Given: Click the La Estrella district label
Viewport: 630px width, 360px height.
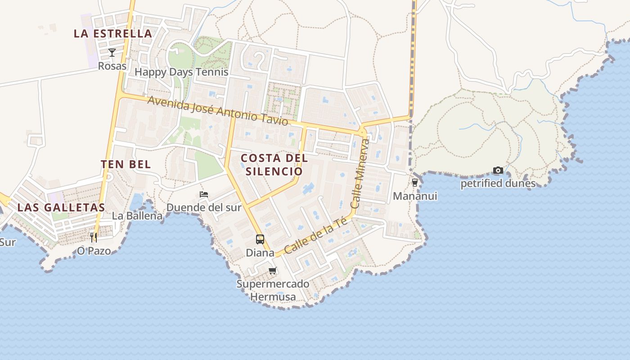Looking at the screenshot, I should [x=113, y=33].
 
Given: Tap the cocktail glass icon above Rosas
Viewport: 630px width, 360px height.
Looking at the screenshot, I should [x=112, y=53].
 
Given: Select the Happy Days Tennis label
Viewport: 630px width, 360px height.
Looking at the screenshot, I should [x=181, y=72].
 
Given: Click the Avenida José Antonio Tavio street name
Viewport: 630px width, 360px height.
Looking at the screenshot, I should [x=217, y=111].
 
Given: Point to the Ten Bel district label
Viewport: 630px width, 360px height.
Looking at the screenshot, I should [x=126, y=164].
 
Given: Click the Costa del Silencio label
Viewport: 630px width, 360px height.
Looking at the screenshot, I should [x=274, y=165].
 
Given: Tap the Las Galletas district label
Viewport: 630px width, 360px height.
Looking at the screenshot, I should [x=61, y=207].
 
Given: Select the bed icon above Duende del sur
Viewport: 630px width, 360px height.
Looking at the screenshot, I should [x=204, y=194].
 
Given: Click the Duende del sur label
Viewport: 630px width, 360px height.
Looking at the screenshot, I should [x=204, y=207].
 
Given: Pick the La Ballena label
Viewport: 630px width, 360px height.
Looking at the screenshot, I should [x=137, y=216].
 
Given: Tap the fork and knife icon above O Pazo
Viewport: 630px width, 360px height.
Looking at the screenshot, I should [x=94, y=237].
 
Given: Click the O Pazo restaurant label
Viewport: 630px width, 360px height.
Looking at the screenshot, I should [x=94, y=251].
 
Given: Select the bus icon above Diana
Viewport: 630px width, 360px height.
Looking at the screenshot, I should [x=260, y=239].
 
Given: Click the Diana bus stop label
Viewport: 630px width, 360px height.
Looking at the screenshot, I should [x=260, y=253].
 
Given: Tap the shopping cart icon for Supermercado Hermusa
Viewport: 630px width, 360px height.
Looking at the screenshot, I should [x=272, y=270].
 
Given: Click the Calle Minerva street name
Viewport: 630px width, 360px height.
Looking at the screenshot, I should [x=361, y=174].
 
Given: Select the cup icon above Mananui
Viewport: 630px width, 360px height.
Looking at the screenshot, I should [x=415, y=183].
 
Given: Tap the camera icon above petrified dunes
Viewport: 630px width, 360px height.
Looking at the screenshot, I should [x=498, y=170].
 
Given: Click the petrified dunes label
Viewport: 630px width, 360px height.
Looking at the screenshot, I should [x=498, y=184].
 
